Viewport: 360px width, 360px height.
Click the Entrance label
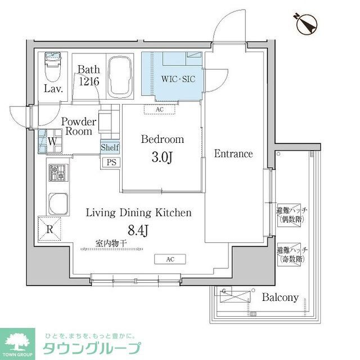click(x=233, y=154)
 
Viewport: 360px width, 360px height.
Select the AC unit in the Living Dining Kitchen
click(x=170, y=259)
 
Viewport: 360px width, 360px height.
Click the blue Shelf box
click(x=110, y=147)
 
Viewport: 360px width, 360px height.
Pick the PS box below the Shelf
click(x=110, y=161)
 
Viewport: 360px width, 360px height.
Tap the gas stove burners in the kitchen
click(x=57, y=173)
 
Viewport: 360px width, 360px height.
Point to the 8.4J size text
click(x=138, y=229)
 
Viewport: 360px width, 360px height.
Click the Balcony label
click(x=280, y=298)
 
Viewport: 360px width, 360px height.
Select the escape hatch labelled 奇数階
click(x=290, y=255)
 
